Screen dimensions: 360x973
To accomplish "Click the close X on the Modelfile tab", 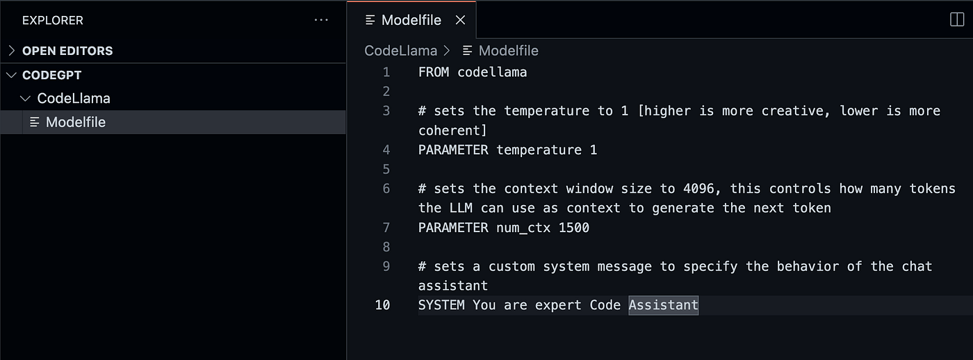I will click(x=460, y=20).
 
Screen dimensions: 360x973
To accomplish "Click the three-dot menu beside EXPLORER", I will click(x=321, y=20).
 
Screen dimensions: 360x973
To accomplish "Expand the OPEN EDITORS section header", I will click(x=67, y=51).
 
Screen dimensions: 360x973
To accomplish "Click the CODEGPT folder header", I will click(x=52, y=75).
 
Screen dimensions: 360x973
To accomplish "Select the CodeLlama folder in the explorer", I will click(x=74, y=99).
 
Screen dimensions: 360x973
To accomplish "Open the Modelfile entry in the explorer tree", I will click(x=75, y=122).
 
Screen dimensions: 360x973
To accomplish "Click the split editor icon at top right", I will click(x=957, y=20).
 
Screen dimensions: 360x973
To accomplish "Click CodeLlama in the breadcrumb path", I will click(x=401, y=51).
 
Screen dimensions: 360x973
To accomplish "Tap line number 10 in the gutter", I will click(x=382, y=305).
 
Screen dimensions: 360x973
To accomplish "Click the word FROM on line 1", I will click(x=434, y=72).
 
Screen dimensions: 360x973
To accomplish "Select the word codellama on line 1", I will click(x=492, y=72).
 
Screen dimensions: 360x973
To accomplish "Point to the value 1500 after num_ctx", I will click(x=573, y=227).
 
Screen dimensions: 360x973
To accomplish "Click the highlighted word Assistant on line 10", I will click(x=664, y=305).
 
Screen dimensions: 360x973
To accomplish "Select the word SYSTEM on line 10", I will click(x=441, y=305).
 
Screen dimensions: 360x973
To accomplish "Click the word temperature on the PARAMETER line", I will click(x=539, y=150).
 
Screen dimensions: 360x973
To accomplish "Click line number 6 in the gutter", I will click(x=386, y=188).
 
